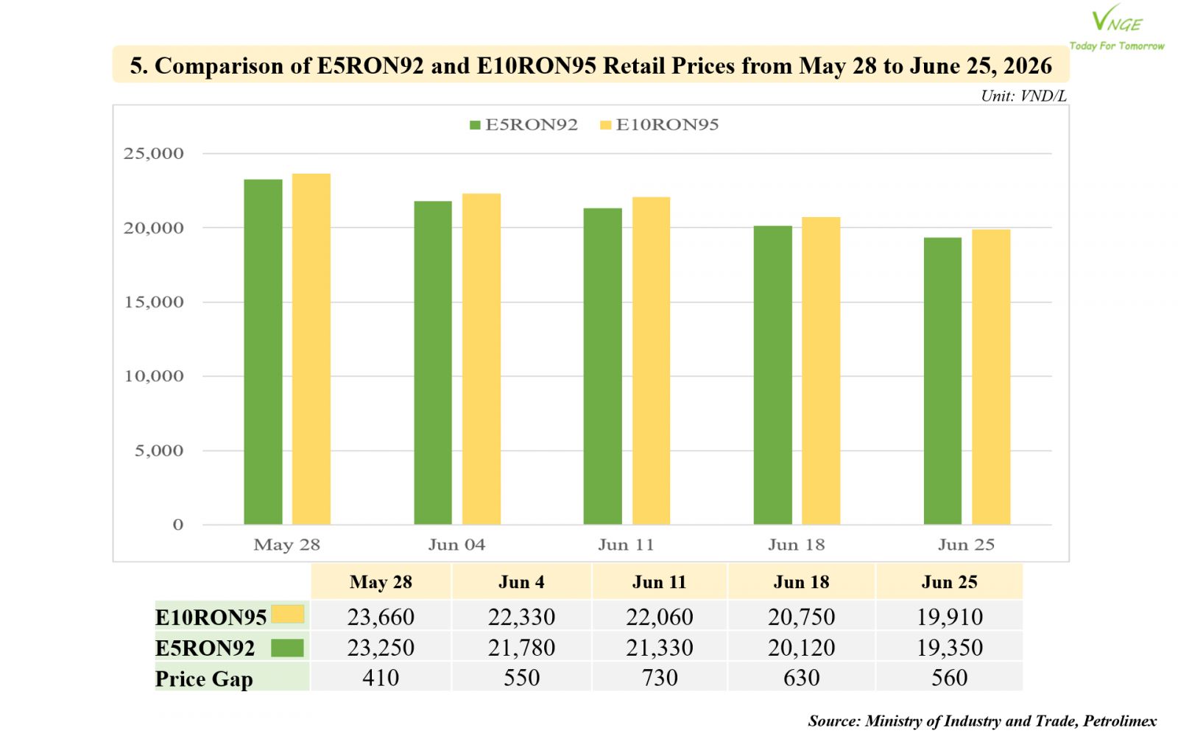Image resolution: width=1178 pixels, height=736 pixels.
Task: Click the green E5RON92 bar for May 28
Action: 263,352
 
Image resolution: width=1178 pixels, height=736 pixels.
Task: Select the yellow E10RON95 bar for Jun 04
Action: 482,359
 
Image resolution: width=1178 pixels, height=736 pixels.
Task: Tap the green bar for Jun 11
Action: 603,367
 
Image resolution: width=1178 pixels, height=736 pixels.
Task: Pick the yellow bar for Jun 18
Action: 821,371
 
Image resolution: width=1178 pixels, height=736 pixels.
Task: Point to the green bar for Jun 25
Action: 943,381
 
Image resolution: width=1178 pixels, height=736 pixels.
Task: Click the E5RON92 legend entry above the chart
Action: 523,124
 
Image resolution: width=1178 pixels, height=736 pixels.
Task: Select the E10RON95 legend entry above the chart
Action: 660,124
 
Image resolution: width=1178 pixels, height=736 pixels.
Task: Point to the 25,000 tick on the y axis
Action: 154,154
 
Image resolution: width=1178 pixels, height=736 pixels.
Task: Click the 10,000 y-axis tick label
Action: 154,376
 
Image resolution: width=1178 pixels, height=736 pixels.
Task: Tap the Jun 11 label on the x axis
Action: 627,544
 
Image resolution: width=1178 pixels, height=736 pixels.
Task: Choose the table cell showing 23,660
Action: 381,616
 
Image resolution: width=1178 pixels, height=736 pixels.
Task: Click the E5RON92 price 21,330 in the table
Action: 660,647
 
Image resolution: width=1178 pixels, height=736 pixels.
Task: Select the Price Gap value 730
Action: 660,677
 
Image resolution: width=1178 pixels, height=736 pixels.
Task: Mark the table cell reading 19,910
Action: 950,616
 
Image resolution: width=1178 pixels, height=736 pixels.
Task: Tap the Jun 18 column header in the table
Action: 802,582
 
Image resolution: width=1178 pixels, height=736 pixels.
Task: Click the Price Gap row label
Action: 204,679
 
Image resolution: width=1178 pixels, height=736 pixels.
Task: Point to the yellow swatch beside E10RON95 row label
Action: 288,614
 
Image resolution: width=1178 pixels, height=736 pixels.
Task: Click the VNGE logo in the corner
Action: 1117,27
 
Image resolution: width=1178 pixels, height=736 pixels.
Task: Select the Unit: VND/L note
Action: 1023,96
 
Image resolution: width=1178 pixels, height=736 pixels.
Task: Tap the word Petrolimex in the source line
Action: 1120,721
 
